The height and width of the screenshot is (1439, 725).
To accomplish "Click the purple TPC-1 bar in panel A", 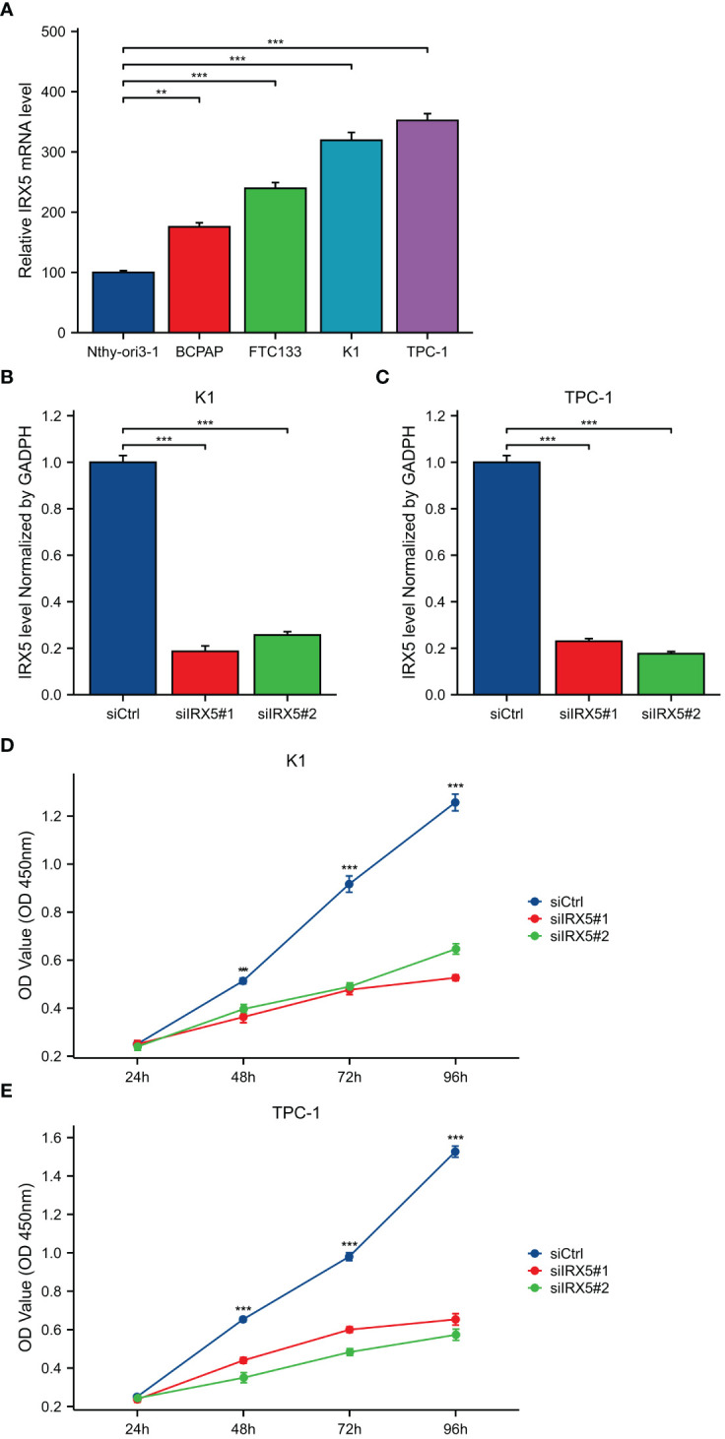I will coord(427,226).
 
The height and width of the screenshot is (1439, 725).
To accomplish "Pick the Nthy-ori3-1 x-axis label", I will coord(122,349).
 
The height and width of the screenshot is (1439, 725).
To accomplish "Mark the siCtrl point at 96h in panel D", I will coord(455,803).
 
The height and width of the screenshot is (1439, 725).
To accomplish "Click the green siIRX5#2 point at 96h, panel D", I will coord(455,949).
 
